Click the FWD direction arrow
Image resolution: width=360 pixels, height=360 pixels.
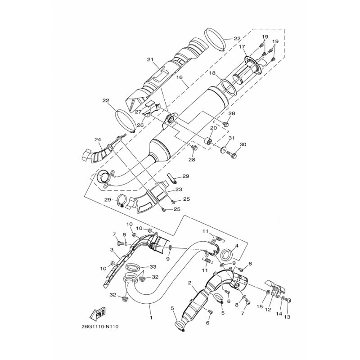[98, 314]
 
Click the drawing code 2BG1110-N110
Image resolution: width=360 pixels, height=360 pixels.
[100, 326]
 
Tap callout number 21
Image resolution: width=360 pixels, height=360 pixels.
[150, 60]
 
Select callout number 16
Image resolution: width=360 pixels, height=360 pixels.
[179, 77]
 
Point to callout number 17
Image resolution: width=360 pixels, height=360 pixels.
[242, 47]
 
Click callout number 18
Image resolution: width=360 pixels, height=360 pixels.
[212, 73]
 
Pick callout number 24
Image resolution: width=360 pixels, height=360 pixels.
[98, 139]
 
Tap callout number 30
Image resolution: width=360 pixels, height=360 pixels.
[243, 144]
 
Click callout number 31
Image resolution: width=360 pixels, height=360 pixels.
[232, 138]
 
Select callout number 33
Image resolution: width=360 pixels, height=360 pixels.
[153, 267]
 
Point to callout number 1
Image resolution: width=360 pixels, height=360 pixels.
[151, 318]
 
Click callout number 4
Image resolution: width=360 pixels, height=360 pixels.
[237, 246]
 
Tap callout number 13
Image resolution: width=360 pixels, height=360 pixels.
[287, 317]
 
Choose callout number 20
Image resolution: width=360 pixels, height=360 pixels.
[213, 128]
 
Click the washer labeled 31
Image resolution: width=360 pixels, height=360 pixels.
[222, 150]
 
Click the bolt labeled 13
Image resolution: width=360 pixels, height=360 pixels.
[289, 299]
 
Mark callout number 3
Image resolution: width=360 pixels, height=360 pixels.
[112, 250]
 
